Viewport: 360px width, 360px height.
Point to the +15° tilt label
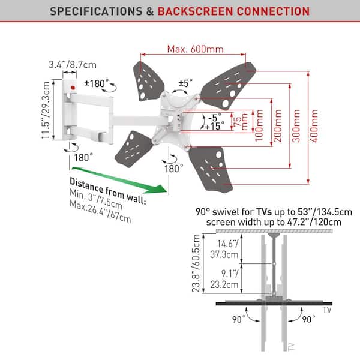[x=214, y=127]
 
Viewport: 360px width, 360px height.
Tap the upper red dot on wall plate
[x=72, y=88]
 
